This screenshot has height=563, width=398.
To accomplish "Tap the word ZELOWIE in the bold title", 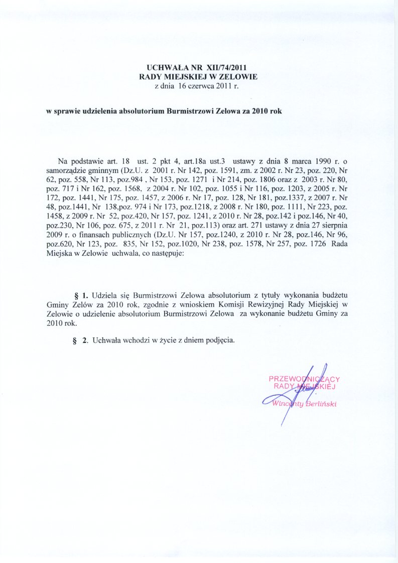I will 239,77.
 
